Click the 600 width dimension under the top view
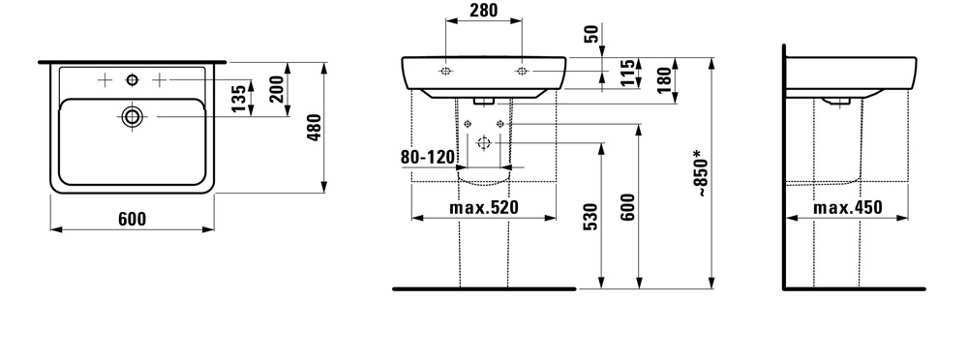(132, 219)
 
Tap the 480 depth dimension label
(315, 127)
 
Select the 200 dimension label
(276, 89)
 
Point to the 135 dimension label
(238, 99)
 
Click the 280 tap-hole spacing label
(483, 10)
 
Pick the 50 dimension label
(591, 34)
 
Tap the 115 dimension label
(627, 73)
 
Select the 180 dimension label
(664, 79)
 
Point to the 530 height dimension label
(590, 216)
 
